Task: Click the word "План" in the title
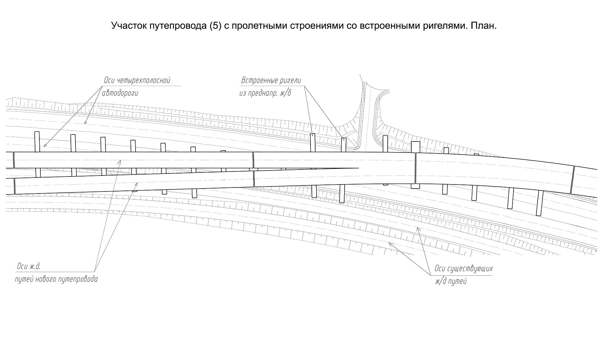pyautogui.click(x=483, y=26)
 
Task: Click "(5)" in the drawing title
pyautogui.click(x=216, y=26)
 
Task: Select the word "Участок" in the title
pyautogui.click(x=128, y=26)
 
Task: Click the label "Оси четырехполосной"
pyautogui.click(x=137, y=80)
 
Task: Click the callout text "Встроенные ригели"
pyautogui.click(x=271, y=81)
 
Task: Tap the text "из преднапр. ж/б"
pyautogui.click(x=265, y=93)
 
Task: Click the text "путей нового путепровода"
pyautogui.click(x=56, y=279)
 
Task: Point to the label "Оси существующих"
pyautogui.click(x=463, y=269)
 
